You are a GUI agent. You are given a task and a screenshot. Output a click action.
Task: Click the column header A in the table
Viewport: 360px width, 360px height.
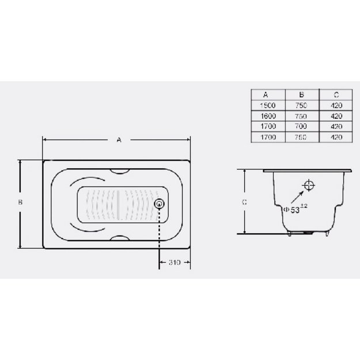pos(266,94)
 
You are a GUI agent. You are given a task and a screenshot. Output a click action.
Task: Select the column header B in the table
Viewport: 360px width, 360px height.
pos(301,94)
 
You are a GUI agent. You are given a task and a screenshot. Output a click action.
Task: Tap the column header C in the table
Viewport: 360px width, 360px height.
pos(336,94)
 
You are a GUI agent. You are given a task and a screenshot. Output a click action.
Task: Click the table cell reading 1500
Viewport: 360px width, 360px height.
pos(268,105)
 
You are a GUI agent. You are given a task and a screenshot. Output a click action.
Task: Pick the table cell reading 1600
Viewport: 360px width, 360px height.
pos(268,116)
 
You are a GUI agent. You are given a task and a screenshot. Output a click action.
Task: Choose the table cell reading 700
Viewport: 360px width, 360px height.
pos(301,126)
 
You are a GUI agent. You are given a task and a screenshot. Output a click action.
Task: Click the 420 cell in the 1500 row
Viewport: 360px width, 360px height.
pos(336,105)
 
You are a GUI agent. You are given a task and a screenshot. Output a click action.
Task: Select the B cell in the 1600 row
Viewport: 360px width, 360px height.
pos(301,116)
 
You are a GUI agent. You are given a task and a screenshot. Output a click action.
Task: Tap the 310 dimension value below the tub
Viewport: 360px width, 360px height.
pos(175,262)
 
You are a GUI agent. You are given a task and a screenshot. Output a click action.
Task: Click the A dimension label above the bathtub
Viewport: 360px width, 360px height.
pos(119,139)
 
